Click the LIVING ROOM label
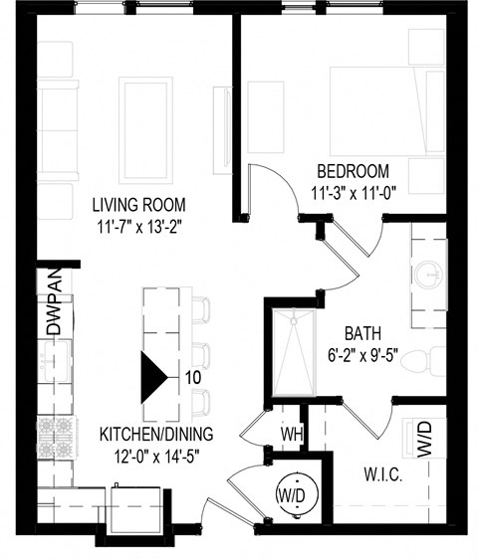click(x=139, y=205)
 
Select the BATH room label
click(x=365, y=333)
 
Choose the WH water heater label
click(x=291, y=434)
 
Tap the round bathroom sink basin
click(x=429, y=272)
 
